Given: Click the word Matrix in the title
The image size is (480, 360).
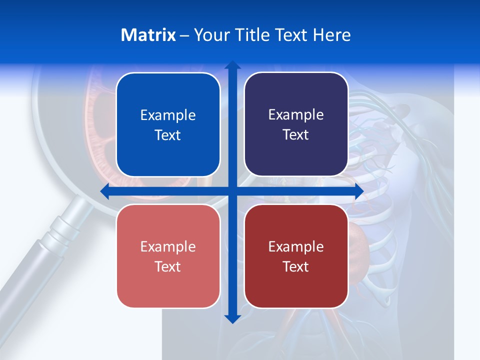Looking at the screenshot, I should click(148, 35).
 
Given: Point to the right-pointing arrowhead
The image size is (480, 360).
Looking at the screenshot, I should click(358, 191).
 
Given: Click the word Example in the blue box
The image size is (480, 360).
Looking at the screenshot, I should click(168, 115).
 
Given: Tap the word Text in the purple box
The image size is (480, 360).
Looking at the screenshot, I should click(296, 135).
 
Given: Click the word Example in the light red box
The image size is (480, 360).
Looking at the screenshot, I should click(168, 246).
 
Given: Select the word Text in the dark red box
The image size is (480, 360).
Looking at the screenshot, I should click(296, 266).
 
